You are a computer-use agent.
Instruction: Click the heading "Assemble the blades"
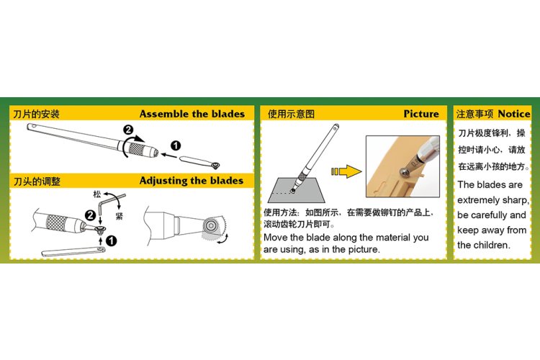[x=192, y=114]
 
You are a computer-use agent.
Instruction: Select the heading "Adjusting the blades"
[x=192, y=181]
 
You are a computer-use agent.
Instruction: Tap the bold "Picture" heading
[x=420, y=114]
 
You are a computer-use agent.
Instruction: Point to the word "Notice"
[x=513, y=114]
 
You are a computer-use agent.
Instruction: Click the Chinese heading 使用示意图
[x=292, y=114]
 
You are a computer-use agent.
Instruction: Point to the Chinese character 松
[x=97, y=195]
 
